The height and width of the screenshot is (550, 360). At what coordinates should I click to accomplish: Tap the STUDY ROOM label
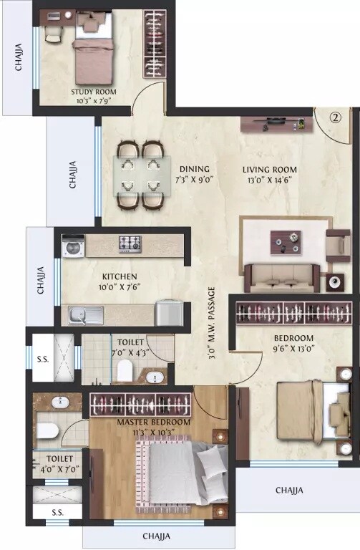click(x=94, y=92)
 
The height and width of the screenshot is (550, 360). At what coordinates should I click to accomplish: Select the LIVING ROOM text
click(x=269, y=170)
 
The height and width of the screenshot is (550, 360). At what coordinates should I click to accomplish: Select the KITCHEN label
click(x=119, y=276)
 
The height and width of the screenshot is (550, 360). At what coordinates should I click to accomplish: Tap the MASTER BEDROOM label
click(x=154, y=423)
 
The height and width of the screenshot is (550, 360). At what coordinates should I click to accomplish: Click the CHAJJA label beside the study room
click(x=19, y=58)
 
